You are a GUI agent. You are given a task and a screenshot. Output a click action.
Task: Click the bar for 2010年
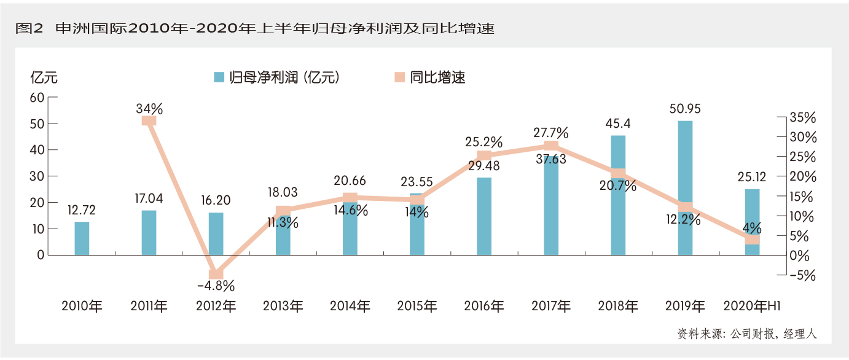click(82, 238)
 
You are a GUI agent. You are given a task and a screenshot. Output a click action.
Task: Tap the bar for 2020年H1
click(752, 221)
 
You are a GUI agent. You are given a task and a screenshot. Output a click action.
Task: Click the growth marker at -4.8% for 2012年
click(216, 274)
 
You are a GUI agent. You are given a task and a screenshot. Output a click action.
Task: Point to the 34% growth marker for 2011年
click(149, 120)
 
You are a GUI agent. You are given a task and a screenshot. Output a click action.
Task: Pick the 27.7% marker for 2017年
click(551, 146)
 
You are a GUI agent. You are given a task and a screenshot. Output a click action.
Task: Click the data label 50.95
click(685, 109)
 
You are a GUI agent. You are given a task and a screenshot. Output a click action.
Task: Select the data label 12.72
click(82, 211)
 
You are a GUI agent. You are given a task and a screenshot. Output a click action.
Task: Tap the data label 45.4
click(618, 124)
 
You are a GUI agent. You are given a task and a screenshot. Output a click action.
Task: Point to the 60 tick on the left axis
click(37, 97)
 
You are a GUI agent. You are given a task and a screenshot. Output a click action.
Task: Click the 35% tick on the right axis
click(802, 117)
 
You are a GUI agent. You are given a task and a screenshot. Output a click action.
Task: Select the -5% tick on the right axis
click(802, 275)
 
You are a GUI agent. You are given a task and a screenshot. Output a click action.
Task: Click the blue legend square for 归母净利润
click(218, 77)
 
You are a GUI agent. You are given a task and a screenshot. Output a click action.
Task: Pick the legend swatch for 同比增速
click(399, 77)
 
